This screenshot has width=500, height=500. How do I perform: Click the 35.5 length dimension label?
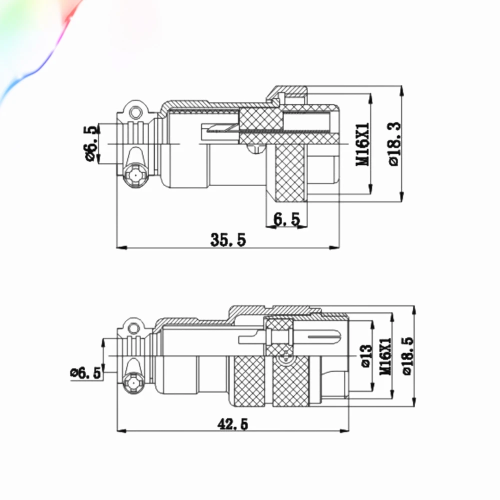(x=228, y=240)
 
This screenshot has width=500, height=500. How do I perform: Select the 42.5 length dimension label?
(x=232, y=424)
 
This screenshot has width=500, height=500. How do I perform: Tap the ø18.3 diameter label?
(x=394, y=143)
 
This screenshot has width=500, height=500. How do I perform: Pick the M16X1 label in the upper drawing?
(x=362, y=144)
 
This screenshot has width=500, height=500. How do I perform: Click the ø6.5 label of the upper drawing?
(x=89, y=143)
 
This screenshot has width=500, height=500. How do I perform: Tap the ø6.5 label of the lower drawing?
(x=85, y=373)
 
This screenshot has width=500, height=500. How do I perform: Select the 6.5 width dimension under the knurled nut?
(x=286, y=219)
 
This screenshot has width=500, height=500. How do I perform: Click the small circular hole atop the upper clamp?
(x=136, y=112)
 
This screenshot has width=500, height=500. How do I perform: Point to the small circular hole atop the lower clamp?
(x=133, y=328)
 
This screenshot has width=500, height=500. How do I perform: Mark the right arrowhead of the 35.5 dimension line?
(x=334, y=247)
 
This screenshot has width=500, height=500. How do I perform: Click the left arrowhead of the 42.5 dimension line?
(x=122, y=431)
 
